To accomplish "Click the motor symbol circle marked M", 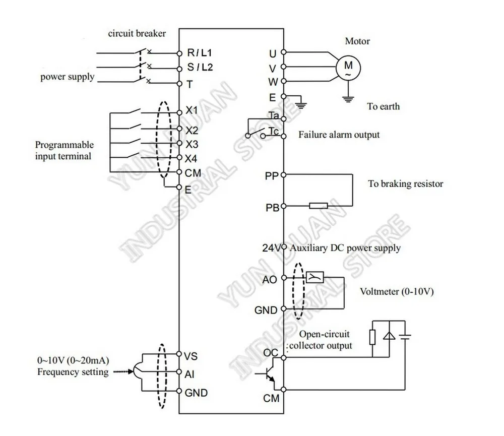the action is point(348,68).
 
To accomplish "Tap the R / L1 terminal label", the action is point(199,52).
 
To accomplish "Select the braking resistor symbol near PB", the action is point(318,206).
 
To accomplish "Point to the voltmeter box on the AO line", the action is point(314,277).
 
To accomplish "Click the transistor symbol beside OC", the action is point(267,373).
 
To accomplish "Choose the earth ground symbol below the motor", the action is point(348,99).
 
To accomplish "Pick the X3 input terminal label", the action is point(192,144).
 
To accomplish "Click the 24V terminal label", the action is point(271,248).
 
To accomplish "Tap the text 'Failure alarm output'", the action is point(339,135).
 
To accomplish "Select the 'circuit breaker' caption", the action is point(137,33).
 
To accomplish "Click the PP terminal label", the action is point(272,176).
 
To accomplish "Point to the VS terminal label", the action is point(191,356).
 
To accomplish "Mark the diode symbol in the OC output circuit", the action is point(389,336).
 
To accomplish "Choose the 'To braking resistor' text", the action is point(405,183).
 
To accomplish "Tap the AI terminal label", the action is point(190,374).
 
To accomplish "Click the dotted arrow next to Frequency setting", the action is point(123,371).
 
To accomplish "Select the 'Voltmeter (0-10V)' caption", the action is point(397,292).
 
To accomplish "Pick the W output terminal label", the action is point(273,82).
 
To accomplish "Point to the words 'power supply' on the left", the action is point(67,77).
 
